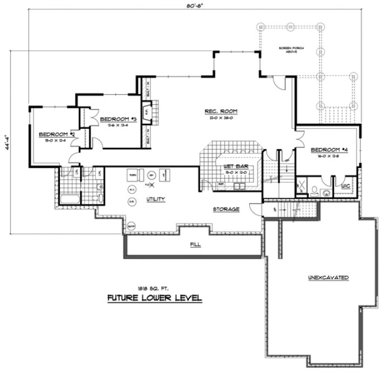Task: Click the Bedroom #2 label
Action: pyautogui.click(x=57, y=134)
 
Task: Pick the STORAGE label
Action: pyautogui.click(x=226, y=209)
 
